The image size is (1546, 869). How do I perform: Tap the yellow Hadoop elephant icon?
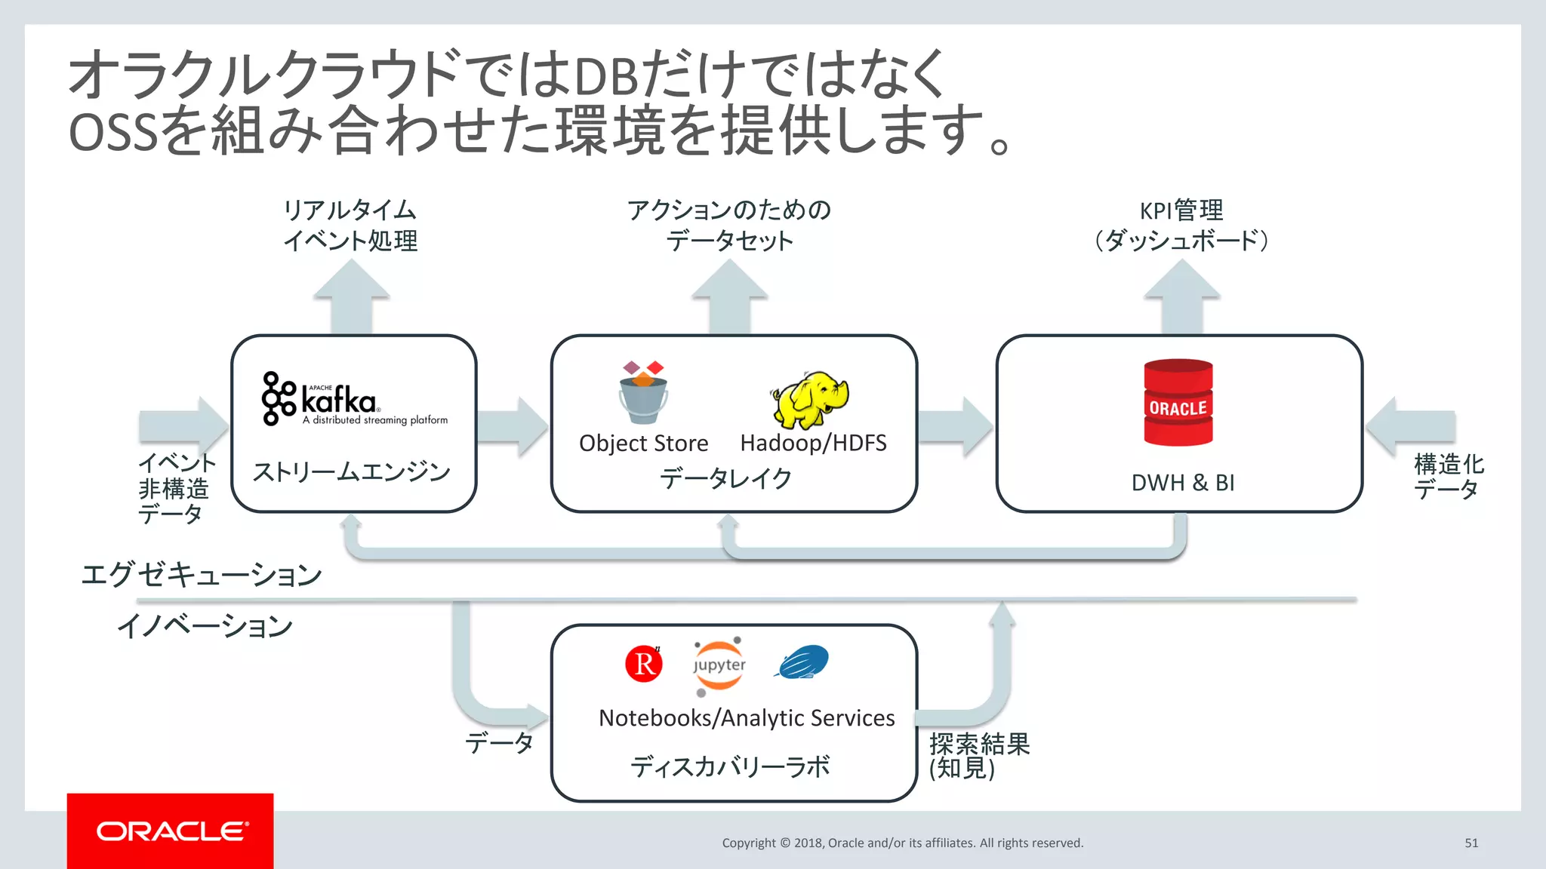click(x=809, y=399)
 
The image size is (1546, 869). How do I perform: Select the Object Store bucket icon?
click(x=643, y=393)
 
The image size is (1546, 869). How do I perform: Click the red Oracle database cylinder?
click(x=1178, y=403)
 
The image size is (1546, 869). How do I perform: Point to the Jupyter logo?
click(x=719, y=665)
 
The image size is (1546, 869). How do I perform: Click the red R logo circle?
click(x=644, y=664)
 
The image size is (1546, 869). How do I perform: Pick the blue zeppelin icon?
click(x=802, y=662)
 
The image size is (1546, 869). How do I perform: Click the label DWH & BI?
click(x=1182, y=483)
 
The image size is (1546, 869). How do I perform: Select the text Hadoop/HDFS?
click(x=813, y=443)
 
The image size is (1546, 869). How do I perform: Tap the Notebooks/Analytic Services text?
click(x=746, y=717)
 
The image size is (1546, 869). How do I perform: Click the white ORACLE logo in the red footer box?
click(x=171, y=831)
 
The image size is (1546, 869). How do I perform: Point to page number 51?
click(x=1471, y=843)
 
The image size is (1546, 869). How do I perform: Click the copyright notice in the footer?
click(x=902, y=843)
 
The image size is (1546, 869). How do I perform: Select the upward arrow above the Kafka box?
click(x=352, y=296)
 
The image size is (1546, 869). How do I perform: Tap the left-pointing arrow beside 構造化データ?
click(x=1409, y=427)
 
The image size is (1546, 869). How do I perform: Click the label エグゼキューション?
click(x=201, y=575)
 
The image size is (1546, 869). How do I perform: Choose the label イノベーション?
click(x=205, y=625)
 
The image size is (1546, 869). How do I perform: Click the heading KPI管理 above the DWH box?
click(x=1181, y=210)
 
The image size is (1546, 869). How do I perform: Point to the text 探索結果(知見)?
click(x=978, y=756)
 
